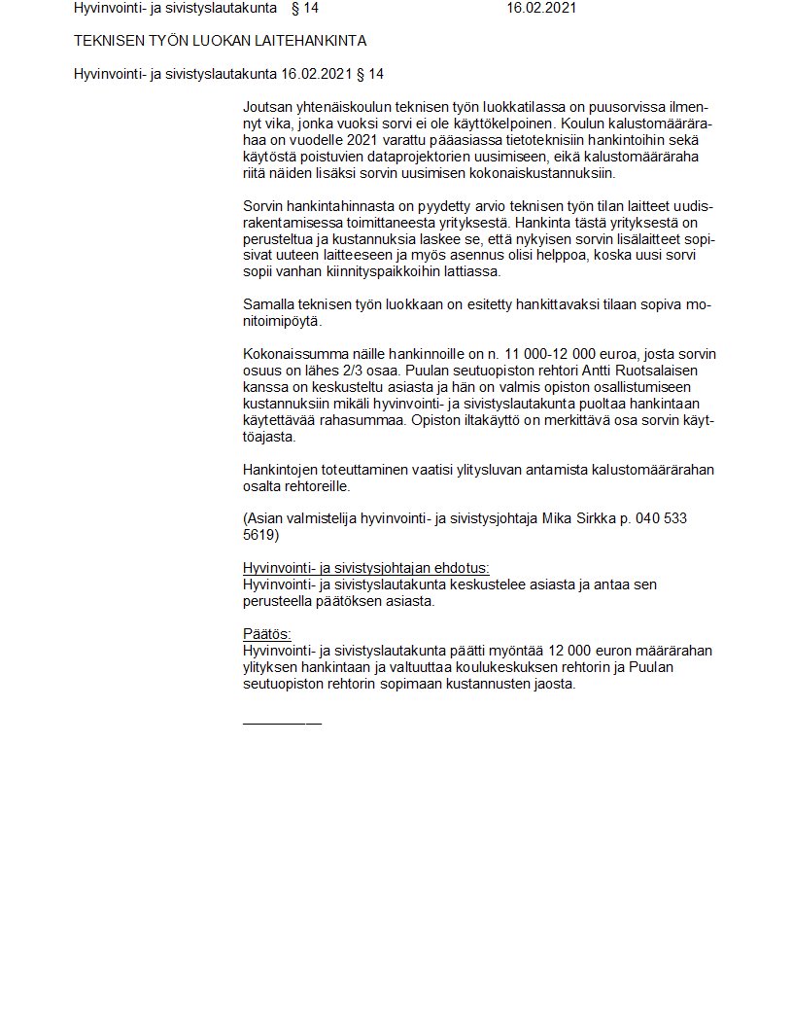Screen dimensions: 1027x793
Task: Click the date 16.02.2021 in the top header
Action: point(541,9)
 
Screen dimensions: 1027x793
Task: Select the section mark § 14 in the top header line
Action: point(304,9)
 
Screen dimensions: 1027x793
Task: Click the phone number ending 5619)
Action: point(261,536)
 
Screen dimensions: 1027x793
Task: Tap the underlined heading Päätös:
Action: point(267,634)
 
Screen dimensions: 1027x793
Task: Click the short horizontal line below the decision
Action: point(282,723)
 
